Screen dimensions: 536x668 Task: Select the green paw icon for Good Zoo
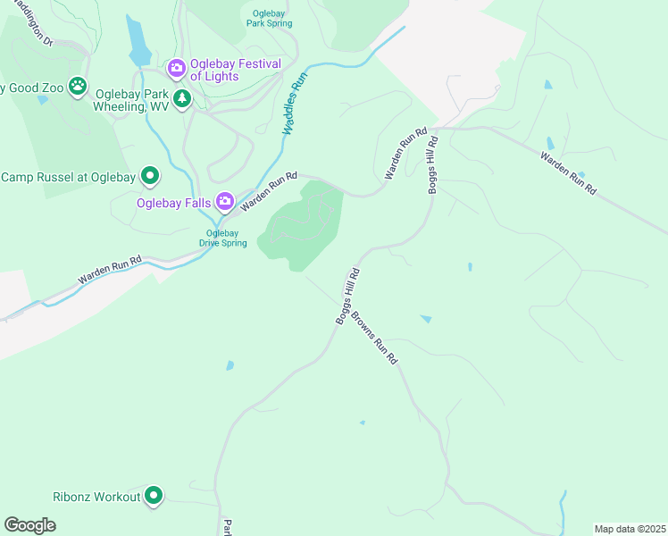coord(79,87)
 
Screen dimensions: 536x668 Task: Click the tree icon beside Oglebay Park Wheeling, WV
coord(182,98)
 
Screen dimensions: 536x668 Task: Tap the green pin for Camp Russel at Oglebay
coord(151,176)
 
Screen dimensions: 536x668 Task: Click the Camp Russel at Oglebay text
coord(69,177)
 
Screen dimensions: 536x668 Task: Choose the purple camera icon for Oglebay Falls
coord(225,202)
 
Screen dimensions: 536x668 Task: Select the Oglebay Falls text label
coord(173,203)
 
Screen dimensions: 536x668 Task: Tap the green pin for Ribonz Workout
coord(154,495)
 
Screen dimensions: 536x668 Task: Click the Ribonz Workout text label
coord(97,497)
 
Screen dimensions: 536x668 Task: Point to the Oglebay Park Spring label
coord(269,19)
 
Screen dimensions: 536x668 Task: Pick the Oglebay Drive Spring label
coord(222,239)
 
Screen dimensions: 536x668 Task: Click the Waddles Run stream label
coord(295,104)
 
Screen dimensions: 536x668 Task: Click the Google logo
coord(29,524)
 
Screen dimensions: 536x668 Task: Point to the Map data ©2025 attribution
coord(630,529)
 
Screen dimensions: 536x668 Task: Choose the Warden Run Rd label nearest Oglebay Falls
coord(268,191)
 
